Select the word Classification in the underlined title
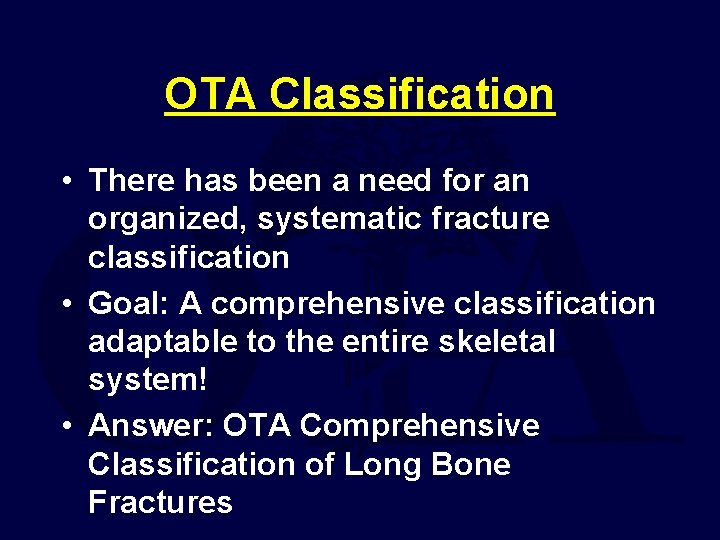(412, 95)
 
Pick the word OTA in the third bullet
(257, 426)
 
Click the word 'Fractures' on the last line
(160, 502)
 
